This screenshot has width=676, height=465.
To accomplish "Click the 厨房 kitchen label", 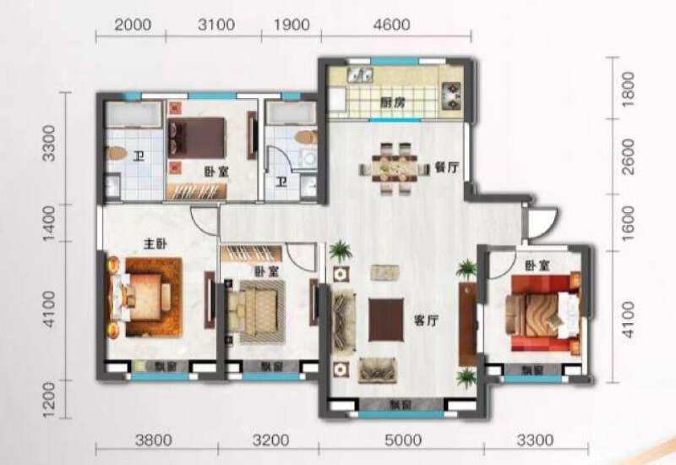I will click(389, 103).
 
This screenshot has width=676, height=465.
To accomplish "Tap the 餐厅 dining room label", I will click(447, 167).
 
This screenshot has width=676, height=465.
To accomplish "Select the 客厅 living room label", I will click(424, 320).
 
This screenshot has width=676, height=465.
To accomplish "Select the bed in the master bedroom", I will click(144, 296).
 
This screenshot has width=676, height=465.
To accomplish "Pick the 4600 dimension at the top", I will click(395, 25).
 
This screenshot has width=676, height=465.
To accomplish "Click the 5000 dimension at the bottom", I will click(402, 440).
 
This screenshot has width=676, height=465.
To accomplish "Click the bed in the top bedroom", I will click(198, 135).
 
